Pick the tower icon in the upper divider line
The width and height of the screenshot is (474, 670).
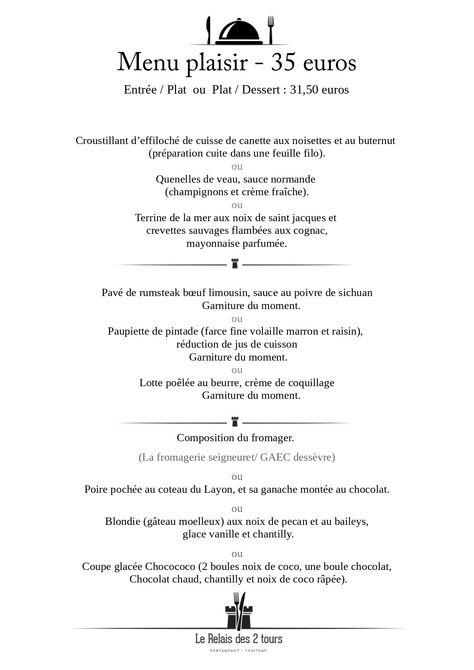tap(235, 264)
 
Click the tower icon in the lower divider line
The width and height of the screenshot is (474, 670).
tap(235, 422)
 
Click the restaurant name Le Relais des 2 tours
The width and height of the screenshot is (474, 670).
tap(239, 639)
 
